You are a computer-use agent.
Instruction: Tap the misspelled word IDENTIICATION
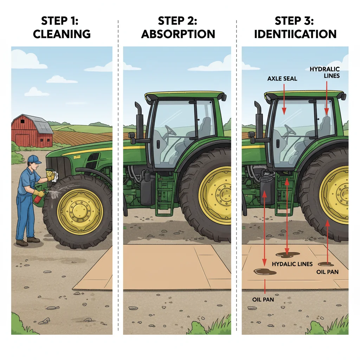coord(295,34)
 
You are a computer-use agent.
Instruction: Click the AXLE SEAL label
coord(282,78)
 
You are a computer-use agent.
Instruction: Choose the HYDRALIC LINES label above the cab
coord(324,72)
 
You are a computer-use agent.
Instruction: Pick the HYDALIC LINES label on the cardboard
coord(292,264)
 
